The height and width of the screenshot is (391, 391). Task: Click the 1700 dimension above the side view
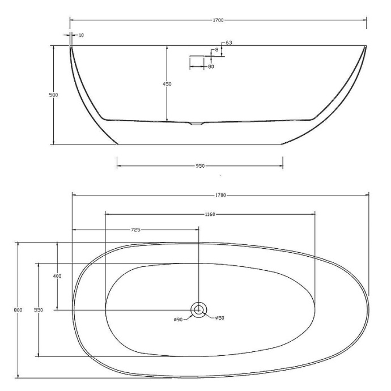[x=218, y=20]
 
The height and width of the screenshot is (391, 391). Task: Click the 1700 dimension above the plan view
[x=220, y=195]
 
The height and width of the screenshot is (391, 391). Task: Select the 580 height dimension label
[x=53, y=95]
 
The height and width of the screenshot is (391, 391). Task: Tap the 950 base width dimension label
[x=200, y=166]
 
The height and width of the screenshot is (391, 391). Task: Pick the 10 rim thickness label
[x=81, y=35]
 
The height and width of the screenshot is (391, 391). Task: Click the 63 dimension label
[x=229, y=43]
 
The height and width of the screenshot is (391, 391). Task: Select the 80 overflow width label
[x=211, y=67]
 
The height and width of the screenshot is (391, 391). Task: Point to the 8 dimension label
[x=215, y=50]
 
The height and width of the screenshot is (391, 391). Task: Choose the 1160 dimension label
[x=211, y=214]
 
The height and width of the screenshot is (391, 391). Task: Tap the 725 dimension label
[x=135, y=229]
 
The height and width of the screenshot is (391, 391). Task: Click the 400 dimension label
[x=57, y=275]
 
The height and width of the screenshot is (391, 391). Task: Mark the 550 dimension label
[x=38, y=310]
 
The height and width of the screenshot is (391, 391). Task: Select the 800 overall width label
[x=19, y=310]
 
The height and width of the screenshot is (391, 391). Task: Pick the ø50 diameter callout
[x=220, y=318]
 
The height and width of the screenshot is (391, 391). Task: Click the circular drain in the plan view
[x=199, y=309]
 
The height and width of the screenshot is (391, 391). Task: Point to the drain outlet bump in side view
[x=195, y=122]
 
